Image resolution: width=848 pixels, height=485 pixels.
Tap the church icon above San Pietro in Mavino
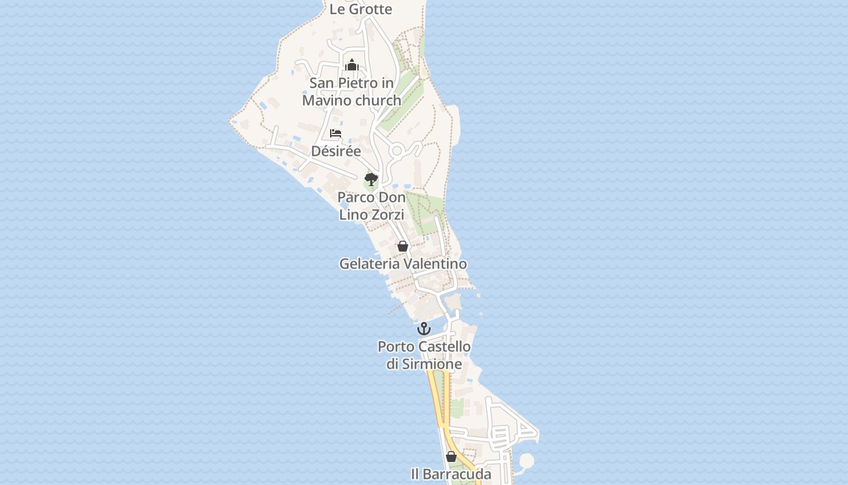pos(352,64)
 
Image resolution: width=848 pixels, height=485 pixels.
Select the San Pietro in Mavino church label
pos(352,92)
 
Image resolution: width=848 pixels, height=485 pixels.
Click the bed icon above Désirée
pos(336,133)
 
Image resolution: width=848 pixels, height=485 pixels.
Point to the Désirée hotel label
pos(336,151)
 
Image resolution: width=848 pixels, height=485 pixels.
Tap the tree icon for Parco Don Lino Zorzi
pos(371,179)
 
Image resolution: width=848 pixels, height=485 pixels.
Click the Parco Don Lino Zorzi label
pos(371,206)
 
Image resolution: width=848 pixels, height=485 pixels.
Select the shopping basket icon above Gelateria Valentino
pos(402,246)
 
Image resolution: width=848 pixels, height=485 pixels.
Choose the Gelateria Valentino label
pos(403,264)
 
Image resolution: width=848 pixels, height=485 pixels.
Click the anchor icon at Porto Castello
pos(424,329)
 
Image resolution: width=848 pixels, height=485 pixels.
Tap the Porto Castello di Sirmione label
pos(424,355)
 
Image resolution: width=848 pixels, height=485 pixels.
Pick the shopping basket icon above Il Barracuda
pos(451,457)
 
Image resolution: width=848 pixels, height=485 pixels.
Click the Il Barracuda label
pos(451,474)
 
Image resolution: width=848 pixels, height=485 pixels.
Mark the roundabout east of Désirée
pos(397,150)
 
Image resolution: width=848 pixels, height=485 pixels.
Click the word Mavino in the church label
pos(326,101)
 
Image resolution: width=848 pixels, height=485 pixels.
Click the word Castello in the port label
pos(445,347)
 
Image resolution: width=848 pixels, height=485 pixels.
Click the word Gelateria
pos(369,264)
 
